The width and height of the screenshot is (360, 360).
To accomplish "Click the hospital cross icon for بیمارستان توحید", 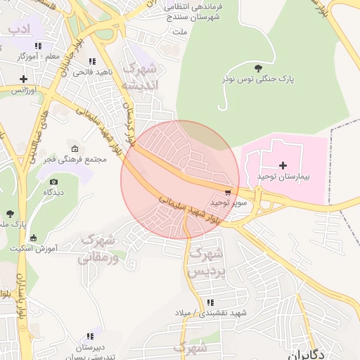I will pyautogui.click(x=283, y=165).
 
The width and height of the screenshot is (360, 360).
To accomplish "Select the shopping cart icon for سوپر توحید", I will pyautogui.click(x=227, y=191).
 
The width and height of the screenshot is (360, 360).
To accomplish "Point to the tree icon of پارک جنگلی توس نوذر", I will pyautogui.click(x=258, y=68).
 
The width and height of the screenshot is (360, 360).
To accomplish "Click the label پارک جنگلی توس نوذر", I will pyautogui.click(x=258, y=79).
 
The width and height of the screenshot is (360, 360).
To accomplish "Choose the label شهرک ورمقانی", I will pyautogui.click(x=101, y=247).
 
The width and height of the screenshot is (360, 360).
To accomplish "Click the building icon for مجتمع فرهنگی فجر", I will pyautogui.click(x=75, y=148).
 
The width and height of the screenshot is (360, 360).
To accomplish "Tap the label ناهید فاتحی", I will pyautogui.click(x=94, y=72).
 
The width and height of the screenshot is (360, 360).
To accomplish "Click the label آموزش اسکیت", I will pyautogui.click(x=37, y=247).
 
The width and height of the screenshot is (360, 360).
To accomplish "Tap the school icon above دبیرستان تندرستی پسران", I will pyautogui.click(x=89, y=336).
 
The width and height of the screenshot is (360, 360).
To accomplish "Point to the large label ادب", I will pyautogui.click(x=21, y=29).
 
